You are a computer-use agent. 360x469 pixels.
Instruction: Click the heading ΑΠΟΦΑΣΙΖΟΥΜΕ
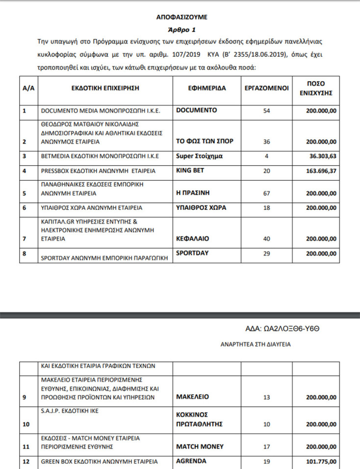[x=182, y=17]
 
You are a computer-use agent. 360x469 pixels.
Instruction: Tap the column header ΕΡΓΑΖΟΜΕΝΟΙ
[x=266, y=89]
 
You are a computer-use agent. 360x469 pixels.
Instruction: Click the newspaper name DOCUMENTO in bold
[x=196, y=111]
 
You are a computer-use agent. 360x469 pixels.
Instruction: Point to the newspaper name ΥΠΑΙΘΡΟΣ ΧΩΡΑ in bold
[x=201, y=208]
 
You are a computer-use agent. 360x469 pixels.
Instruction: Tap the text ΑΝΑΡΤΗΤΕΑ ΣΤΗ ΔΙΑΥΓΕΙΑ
[x=256, y=345]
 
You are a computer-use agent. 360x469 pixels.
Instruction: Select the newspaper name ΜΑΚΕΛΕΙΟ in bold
[x=192, y=396]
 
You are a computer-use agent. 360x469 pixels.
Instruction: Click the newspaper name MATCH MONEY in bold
[x=200, y=446]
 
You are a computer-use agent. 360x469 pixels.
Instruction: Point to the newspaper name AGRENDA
[x=192, y=461]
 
